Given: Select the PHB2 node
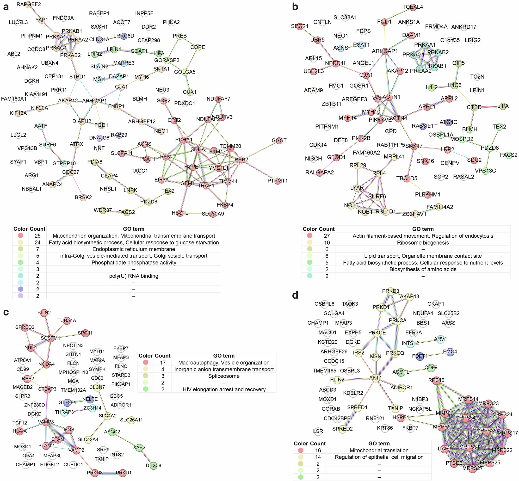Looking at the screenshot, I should (242, 160).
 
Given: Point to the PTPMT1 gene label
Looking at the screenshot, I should (278, 181).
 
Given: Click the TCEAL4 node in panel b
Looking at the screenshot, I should (413, 7).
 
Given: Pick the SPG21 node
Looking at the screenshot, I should (300, 26).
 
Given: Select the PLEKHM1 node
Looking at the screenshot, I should (428, 194).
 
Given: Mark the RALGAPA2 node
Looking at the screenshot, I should (320, 173).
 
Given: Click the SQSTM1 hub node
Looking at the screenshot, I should (50, 338).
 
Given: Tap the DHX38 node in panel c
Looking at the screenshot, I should (153, 465).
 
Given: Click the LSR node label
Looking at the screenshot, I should (318, 431).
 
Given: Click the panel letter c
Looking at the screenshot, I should (6, 312).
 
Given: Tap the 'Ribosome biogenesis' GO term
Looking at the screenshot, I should (423, 243).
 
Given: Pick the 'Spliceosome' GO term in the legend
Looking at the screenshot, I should (224, 376).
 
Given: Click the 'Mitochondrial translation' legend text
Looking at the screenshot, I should (379, 450).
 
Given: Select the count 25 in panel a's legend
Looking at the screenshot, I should (37, 236).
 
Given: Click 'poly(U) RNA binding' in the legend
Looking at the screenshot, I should (134, 276).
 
